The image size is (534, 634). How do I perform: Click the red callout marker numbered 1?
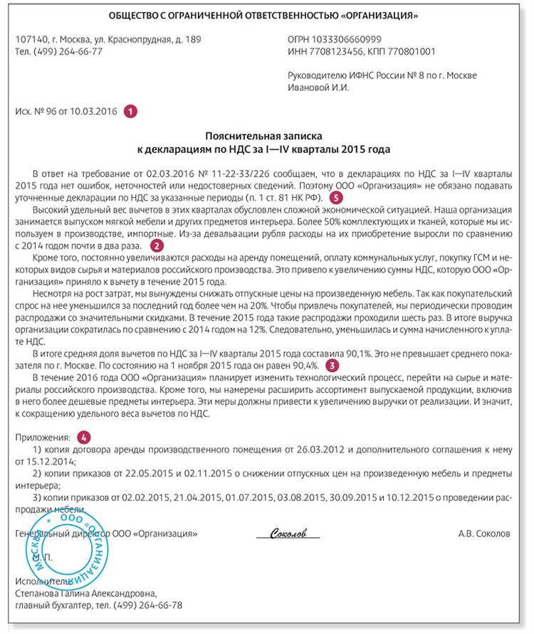[130, 111]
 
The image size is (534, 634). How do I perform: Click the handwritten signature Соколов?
[288, 533]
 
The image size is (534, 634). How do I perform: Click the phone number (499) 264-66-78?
[148, 605]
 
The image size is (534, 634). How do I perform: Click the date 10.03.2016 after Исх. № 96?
[94, 111]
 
